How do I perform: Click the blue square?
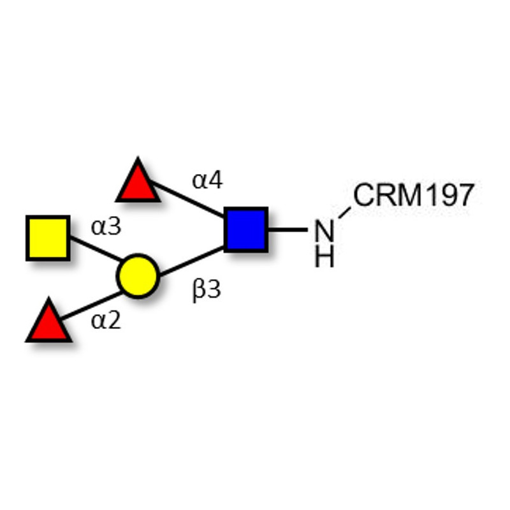click(x=245, y=228)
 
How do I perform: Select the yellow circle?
click(x=136, y=276)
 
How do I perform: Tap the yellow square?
click(x=48, y=238)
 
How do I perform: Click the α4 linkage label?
click(x=208, y=181)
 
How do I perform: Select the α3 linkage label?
click(x=106, y=227)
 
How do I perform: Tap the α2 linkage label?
click(x=106, y=320)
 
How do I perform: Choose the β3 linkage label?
click(x=206, y=291)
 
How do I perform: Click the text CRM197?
click(x=414, y=195)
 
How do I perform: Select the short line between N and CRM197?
click(x=344, y=213)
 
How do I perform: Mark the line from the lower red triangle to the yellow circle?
click(x=92, y=305)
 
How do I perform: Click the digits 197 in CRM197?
click(x=450, y=195)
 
